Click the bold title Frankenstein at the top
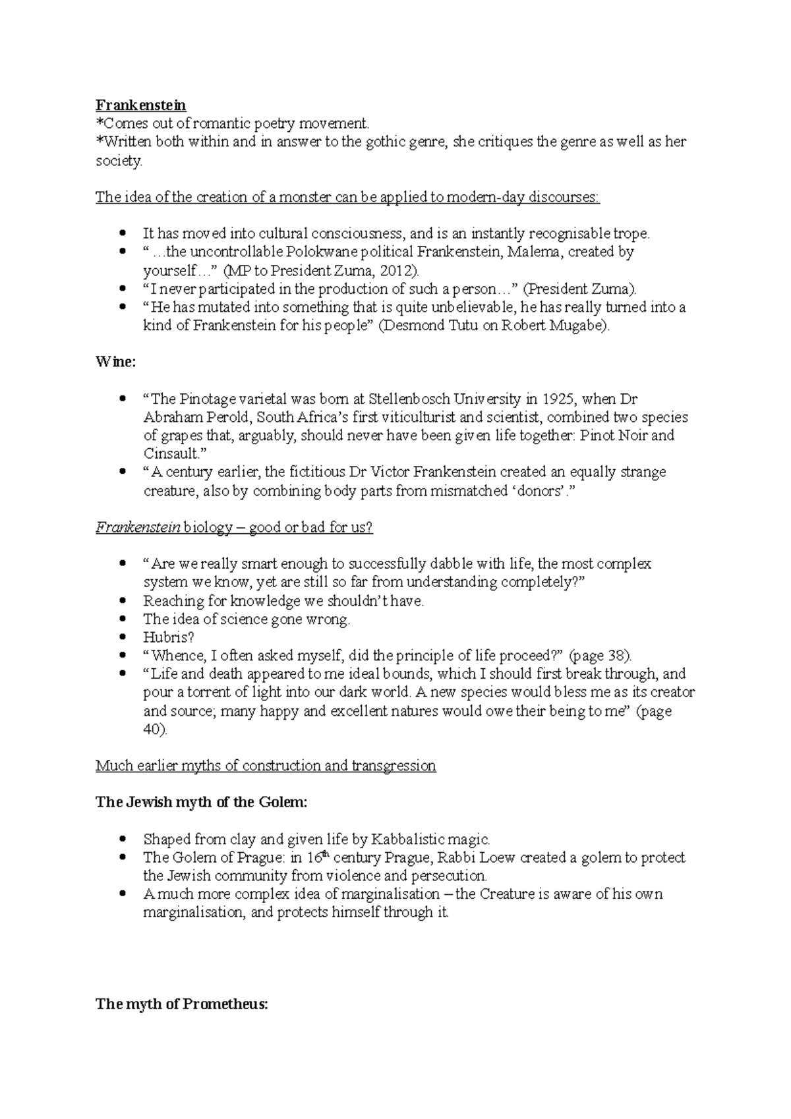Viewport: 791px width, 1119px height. coord(141,105)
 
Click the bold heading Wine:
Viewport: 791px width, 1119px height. coord(115,362)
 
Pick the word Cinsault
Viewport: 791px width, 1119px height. coord(171,453)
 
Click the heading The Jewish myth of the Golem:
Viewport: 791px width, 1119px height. coord(201,802)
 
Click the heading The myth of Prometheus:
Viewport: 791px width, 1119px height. coord(182,1004)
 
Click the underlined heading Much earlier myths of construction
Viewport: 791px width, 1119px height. coord(266,766)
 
